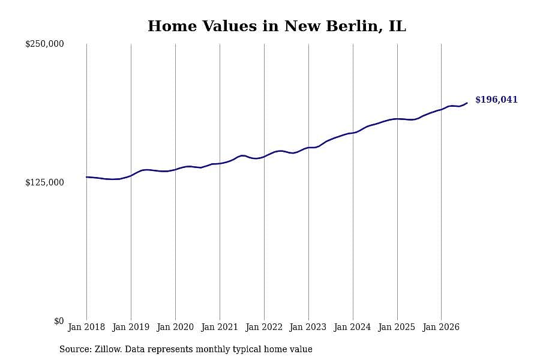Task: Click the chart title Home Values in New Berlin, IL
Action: coord(277,26)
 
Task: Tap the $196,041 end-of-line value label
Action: coord(496,100)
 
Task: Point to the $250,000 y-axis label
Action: coord(44,44)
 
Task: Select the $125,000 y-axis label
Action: coord(44,182)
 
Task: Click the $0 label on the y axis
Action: coord(59,321)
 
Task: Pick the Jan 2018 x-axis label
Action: coord(86,327)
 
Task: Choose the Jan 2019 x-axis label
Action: coord(131,327)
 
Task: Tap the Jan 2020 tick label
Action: coord(175,327)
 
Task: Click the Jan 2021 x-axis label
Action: coord(220,327)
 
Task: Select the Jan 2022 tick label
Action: coord(264,327)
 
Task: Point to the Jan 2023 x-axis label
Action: coord(308,327)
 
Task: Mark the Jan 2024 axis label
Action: coord(353,327)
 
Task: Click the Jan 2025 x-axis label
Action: coord(397,327)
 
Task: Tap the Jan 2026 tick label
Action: coord(441,327)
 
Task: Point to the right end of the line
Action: coord(467,103)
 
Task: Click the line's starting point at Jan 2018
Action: coord(86,177)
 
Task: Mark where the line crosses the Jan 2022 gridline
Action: coord(264,157)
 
